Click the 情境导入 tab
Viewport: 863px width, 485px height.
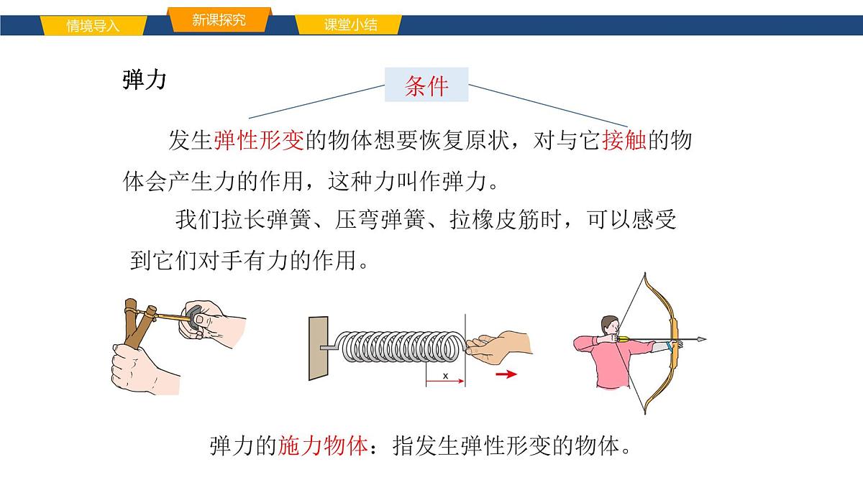click(93, 26)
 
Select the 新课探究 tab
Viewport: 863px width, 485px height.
click(219, 20)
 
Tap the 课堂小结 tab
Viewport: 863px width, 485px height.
click(350, 26)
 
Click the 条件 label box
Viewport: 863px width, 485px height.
click(426, 86)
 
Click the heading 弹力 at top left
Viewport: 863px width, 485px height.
click(145, 80)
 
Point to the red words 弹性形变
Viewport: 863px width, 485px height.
click(259, 140)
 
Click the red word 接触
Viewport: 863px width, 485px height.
click(624, 140)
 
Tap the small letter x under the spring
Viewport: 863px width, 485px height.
click(445, 376)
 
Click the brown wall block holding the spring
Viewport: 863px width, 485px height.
click(318, 348)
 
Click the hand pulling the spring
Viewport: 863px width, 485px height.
click(501, 342)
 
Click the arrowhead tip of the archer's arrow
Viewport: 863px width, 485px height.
click(703, 338)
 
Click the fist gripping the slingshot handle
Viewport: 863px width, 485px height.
click(138, 367)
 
